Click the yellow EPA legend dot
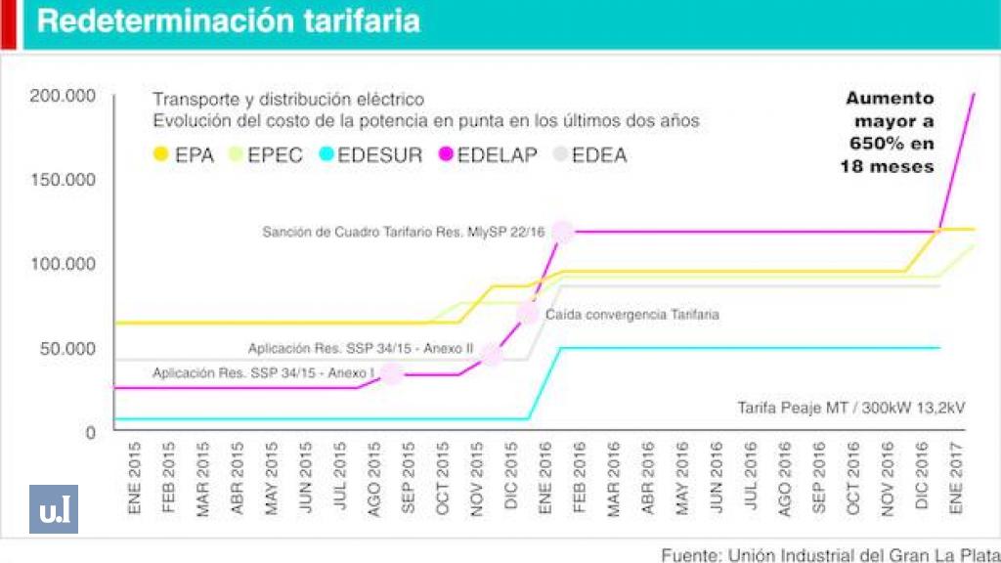(161, 153)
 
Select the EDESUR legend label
(380, 155)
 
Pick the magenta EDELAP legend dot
(446, 153)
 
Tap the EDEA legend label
(599, 155)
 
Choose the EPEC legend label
(275, 155)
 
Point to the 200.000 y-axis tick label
(63, 96)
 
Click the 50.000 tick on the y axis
(67, 349)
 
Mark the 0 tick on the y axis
(91, 433)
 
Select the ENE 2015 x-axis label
(135, 477)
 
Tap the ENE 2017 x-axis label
(956, 477)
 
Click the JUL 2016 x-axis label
(751, 477)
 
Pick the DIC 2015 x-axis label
(510, 476)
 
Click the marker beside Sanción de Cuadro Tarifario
(562, 232)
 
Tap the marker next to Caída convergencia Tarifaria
(528, 314)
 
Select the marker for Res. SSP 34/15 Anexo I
(391, 374)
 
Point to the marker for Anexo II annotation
(492, 355)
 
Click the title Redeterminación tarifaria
(229, 22)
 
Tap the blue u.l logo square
(54, 509)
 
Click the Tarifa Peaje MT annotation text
(851, 408)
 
